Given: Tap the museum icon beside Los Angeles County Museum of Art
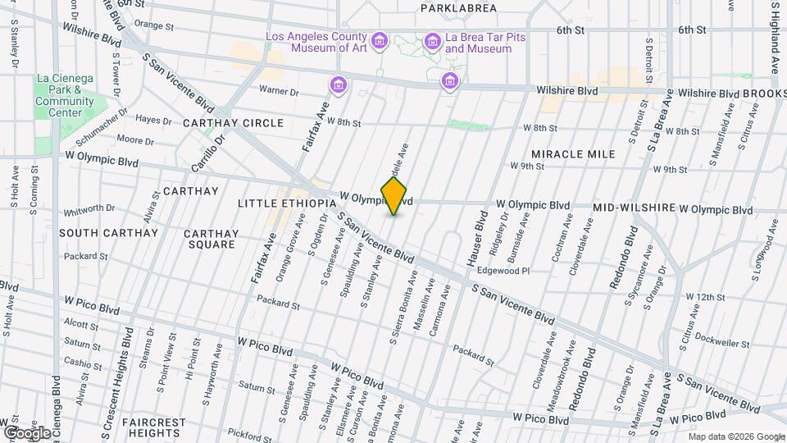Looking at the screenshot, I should (379, 41).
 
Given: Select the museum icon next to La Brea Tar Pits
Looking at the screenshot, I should (432, 41).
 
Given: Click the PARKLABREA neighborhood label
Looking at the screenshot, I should (458, 8).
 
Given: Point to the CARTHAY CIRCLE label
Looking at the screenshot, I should (233, 123).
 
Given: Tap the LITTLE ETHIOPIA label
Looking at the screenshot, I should (287, 203).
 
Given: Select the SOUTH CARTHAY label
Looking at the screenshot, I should (108, 233).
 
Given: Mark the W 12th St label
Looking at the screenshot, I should (705, 296).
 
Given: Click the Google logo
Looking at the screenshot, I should (26, 432).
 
